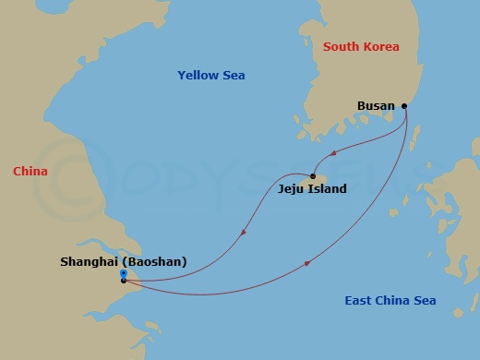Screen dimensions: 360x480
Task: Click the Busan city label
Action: pos(377,106)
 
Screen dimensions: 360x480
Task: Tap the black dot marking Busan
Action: pos(404,106)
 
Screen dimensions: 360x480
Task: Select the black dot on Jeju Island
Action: pos(313,176)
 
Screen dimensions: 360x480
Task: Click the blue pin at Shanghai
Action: pos(123,273)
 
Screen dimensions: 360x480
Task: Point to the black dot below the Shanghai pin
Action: pos(123,281)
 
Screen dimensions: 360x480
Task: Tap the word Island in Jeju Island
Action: pos(329,189)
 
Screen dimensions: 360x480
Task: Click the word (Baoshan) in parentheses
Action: pos(159,262)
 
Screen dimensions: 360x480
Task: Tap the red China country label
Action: pos(30,171)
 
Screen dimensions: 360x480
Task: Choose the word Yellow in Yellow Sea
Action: pos(197,75)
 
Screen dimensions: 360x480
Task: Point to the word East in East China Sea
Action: pos(358,301)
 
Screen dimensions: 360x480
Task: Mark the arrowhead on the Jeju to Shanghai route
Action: pos(243,232)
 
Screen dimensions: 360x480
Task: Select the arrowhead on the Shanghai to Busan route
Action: pos(306,263)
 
